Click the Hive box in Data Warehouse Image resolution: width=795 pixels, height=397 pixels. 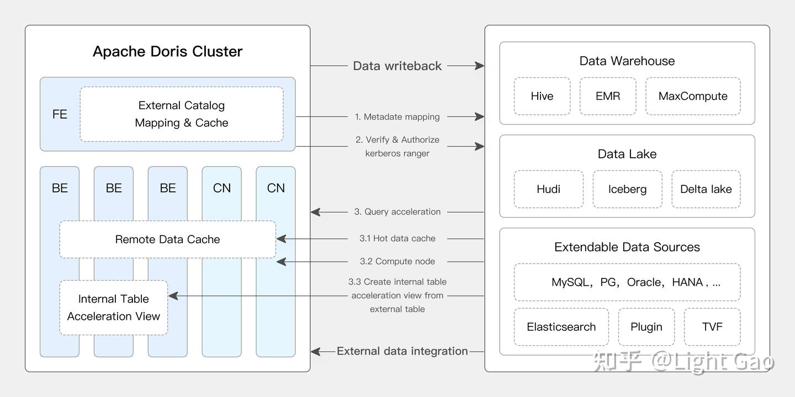[542, 96]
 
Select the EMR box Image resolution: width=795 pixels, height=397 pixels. [608, 96]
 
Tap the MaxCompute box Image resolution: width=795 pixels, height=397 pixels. [693, 96]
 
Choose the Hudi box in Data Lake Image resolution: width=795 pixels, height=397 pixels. [548, 189]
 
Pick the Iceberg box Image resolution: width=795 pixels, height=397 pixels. [627, 189]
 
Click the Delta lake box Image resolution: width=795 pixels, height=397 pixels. [706, 189]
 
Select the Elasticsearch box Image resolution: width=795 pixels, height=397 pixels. [561, 326]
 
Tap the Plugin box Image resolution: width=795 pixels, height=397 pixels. [646, 326]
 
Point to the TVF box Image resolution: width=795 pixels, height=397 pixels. [712, 326]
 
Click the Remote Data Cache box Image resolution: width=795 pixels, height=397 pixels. [167, 239]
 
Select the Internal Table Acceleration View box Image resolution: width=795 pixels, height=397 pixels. [114, 307]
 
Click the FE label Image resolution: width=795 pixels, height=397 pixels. [60, 114]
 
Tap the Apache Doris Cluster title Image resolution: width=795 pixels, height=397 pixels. [167, 51]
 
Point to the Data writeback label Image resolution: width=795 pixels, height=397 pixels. [397, 66]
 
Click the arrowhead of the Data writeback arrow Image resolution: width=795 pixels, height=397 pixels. [479, 66]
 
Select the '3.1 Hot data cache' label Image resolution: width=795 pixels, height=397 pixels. [397, 238]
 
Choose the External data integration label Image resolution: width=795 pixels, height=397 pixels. [402, 351]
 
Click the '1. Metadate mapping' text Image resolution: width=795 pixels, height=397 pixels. [397, 117]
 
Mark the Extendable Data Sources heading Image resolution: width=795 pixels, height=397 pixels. [627, 246]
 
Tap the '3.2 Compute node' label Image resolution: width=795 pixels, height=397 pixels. [397, 261]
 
